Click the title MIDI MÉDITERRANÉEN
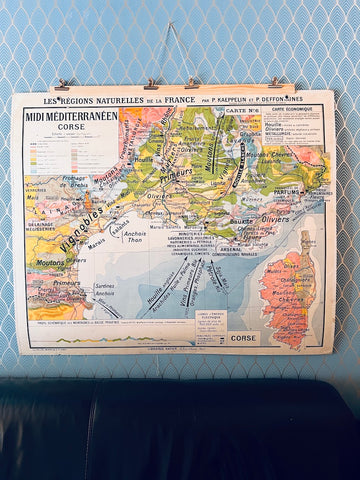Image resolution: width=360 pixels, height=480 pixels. [69, 116]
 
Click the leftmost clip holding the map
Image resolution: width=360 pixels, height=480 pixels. [62, 86]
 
